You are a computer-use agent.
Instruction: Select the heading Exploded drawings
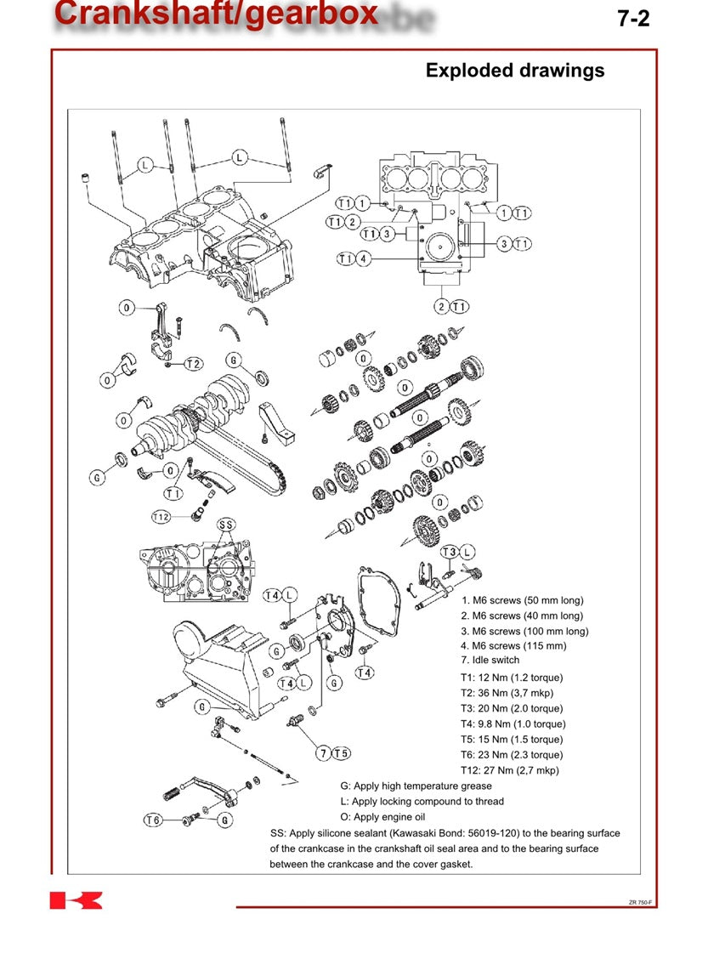[515, 71]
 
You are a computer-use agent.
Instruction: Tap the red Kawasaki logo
[76, 900]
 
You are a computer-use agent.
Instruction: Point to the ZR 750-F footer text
[640, 902]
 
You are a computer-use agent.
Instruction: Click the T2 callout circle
[194, 364]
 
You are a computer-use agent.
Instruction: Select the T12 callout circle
[161, 517]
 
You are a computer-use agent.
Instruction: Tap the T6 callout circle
[153, 820]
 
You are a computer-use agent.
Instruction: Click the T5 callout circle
[341, 752]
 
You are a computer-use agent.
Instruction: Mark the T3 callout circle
[449, 552]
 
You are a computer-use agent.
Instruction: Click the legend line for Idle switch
[490, 660]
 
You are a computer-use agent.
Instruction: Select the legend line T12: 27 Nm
[510, 770]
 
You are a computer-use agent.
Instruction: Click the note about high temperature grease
[416, 786]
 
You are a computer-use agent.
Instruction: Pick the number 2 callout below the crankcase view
[441, 306]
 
